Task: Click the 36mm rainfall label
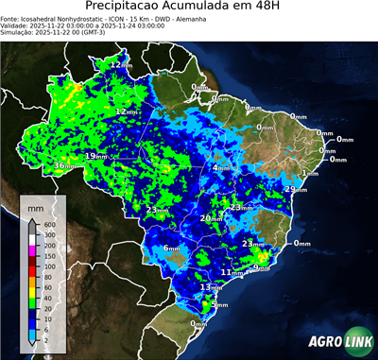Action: (x=63, y=165)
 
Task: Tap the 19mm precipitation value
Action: (x=96, y=155)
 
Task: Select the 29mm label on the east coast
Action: (x=295, y=190)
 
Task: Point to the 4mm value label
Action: (x=221, y=168)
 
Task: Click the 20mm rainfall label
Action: (x=211, y=218)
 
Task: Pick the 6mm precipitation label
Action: (x=172, y=248)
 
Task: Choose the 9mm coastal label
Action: (x=262, y=268)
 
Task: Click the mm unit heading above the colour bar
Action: (x=36, y=205)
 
